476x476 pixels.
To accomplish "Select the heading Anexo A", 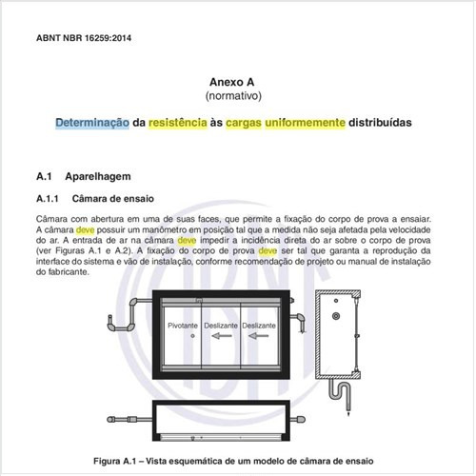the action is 237,83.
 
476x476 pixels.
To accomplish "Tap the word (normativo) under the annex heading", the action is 237,97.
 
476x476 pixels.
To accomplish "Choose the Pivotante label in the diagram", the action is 183,325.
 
